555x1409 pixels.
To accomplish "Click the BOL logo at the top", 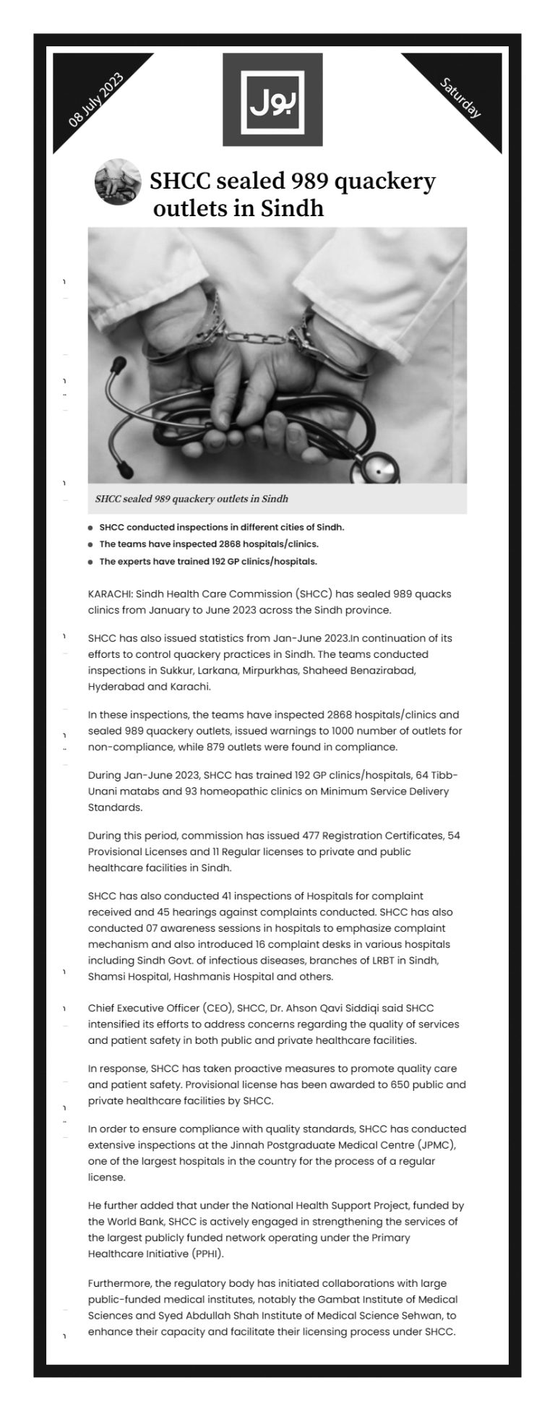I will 272,99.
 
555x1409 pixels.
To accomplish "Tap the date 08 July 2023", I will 95,102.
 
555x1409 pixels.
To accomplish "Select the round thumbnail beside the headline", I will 117,181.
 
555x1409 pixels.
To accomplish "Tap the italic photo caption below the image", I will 192,499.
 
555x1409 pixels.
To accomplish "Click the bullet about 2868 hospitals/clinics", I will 209,544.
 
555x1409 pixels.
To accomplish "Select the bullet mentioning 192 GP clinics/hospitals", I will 208,561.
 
